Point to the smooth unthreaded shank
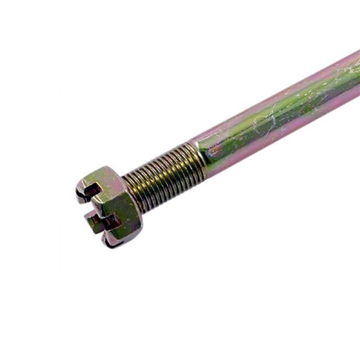(274, 122)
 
